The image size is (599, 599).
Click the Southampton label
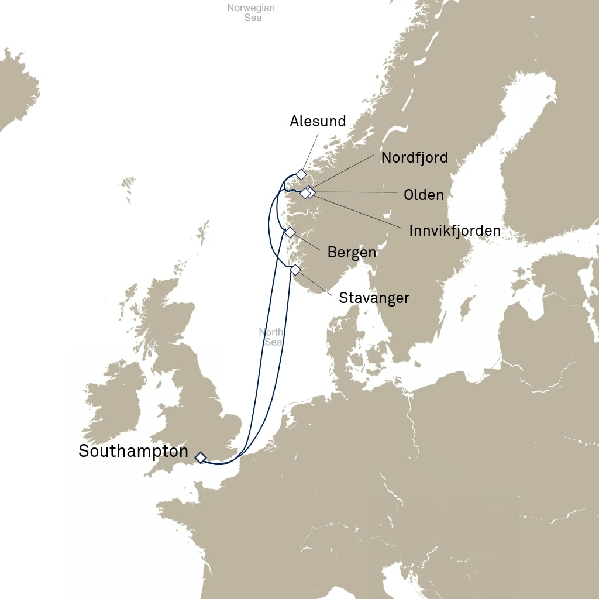click(133, 452)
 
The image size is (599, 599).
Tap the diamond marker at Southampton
click(201, 457)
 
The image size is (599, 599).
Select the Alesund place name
click(318, 121)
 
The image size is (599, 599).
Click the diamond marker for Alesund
click(301, 174)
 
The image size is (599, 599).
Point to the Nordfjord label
click(414, 157)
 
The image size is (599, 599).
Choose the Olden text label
click(424, 195)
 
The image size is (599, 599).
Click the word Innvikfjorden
click(455, 230)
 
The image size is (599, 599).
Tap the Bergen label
click(352, 253)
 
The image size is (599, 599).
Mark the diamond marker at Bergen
click(290, 232)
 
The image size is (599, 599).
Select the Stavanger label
click(374, 298)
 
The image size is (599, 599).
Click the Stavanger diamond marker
click(295, 270)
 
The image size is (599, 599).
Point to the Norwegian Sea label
click(251, 13)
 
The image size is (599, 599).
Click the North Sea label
click(271, 337)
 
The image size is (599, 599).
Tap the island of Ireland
click(114, 401)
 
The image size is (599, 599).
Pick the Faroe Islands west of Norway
click(127, 188)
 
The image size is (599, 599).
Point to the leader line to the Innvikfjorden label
click(357, 211)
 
